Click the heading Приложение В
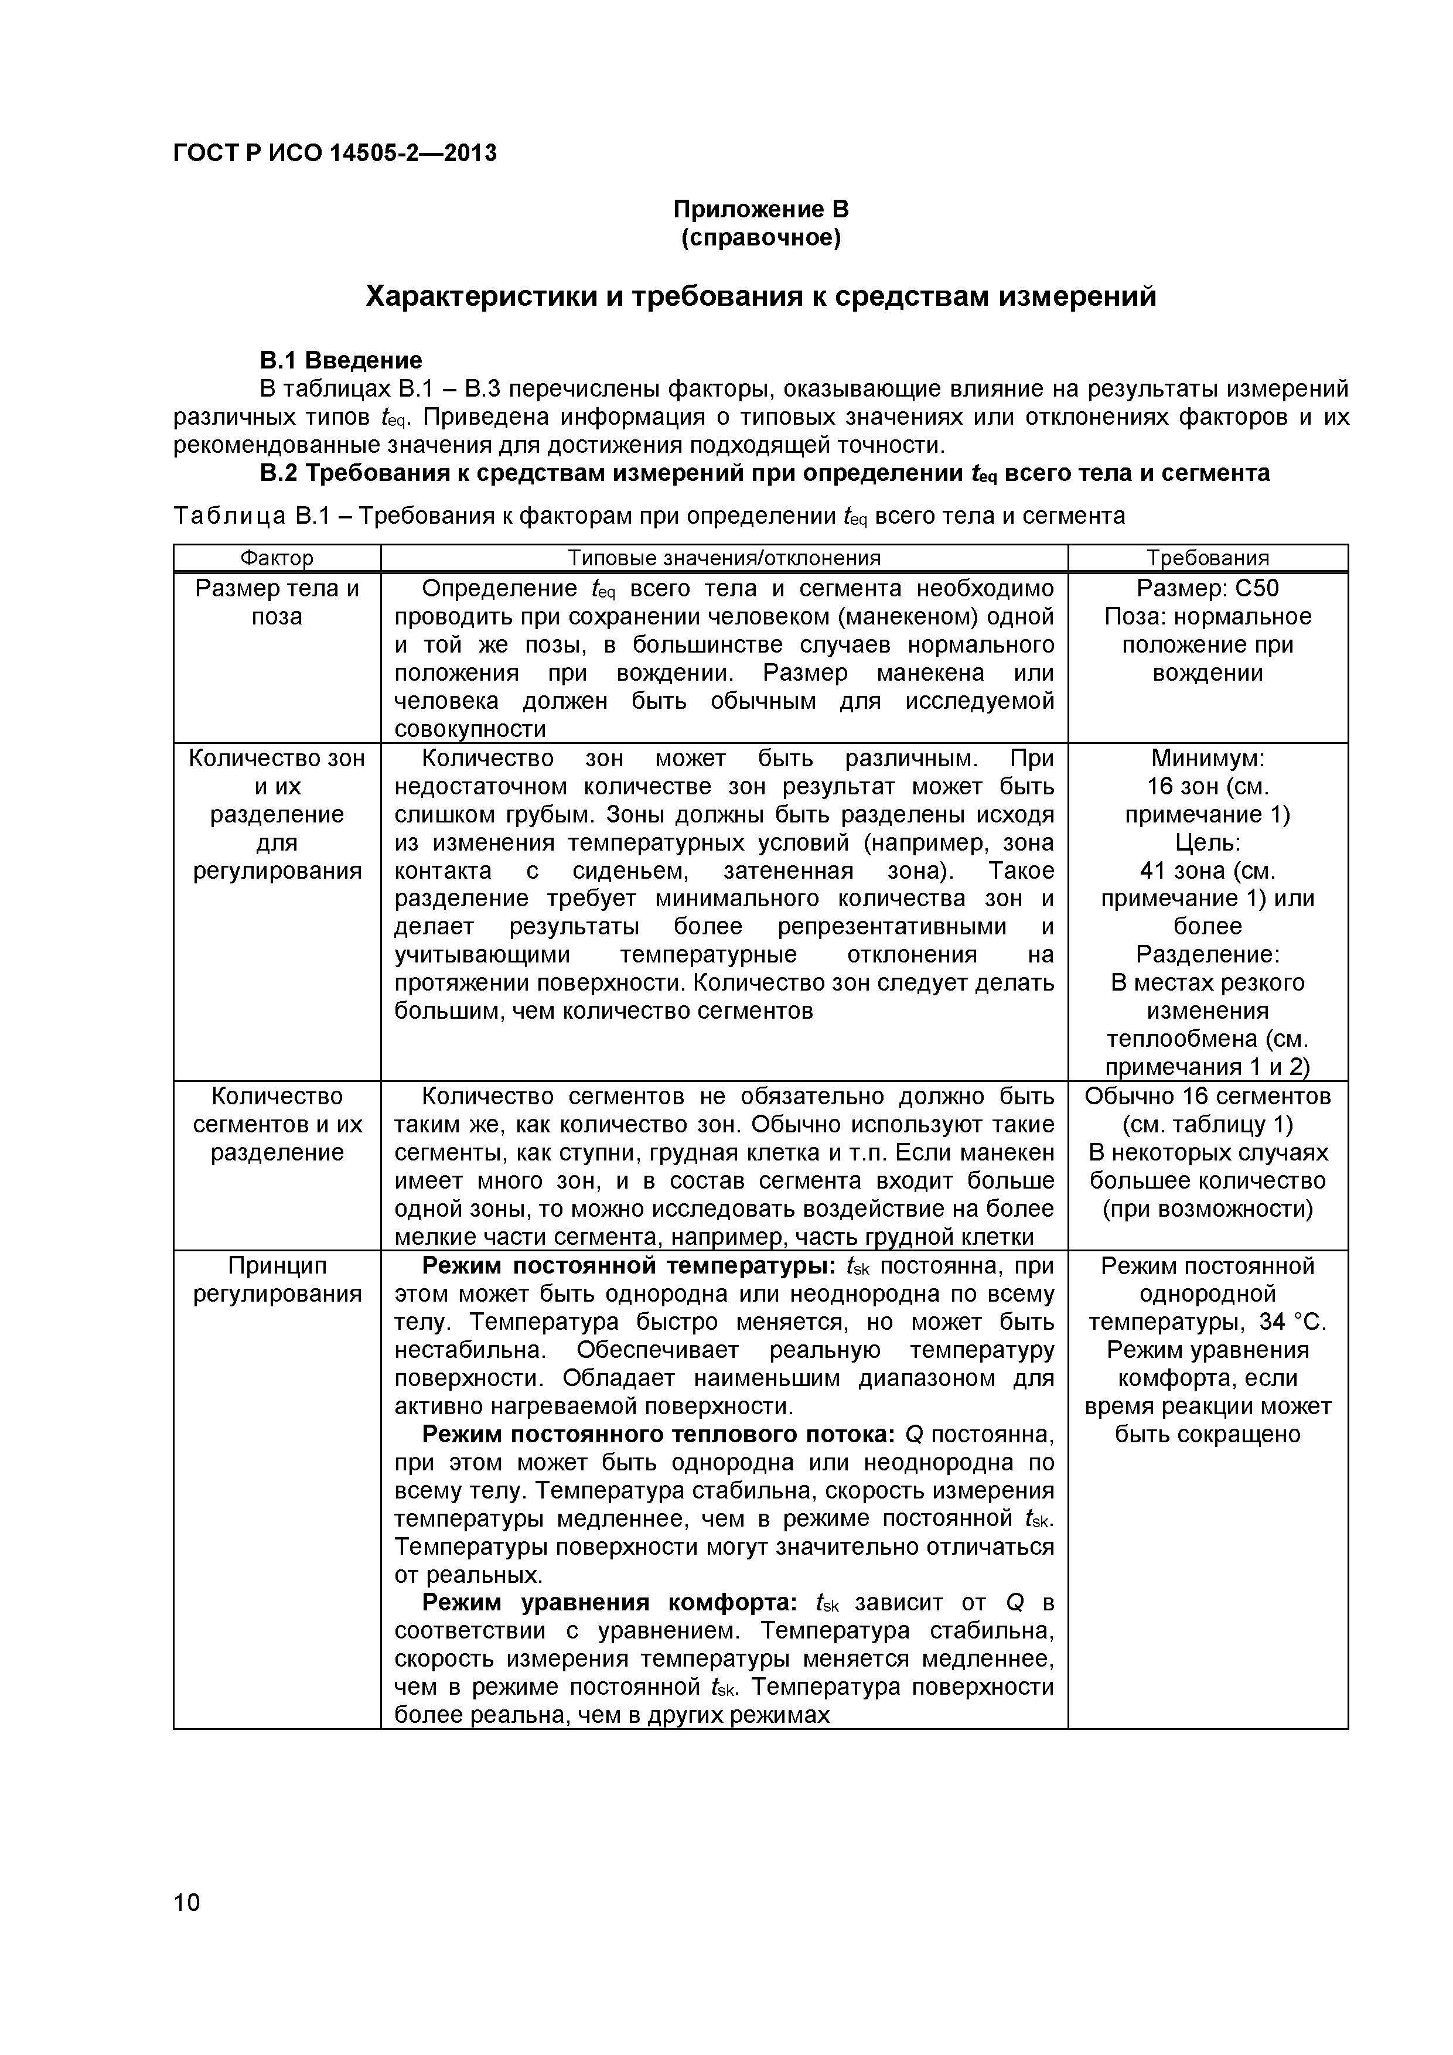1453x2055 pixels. click(760, 210)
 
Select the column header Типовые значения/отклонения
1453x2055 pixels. click(724, 558)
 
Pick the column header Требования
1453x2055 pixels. click(1208, 558)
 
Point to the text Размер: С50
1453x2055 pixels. click(1208, 588)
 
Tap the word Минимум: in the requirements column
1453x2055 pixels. click(1208, 758)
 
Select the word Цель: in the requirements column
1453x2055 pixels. click(1208, 842)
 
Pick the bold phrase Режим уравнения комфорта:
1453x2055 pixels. click(609, 1602)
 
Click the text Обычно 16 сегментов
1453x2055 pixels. click(1208, 1097)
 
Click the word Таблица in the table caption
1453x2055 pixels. click(231, 517)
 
